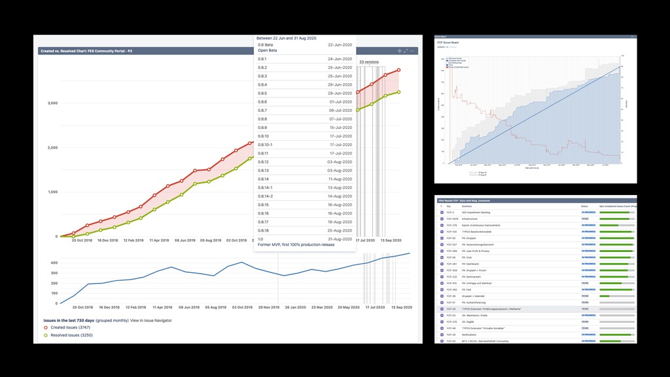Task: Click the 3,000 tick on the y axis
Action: coord(52,103)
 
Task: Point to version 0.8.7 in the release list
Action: coord(262,111)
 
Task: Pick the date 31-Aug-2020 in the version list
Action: coord(340,239)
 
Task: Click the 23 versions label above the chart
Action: coord(369,62)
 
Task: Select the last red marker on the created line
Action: coord(398,70)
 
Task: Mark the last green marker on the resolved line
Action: coord(398,92)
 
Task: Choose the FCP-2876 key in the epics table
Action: coord(451,219)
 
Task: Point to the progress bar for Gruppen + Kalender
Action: coord(617,296)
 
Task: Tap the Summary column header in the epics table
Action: coord(467,206)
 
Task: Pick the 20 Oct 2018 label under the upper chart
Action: coord(82,241)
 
